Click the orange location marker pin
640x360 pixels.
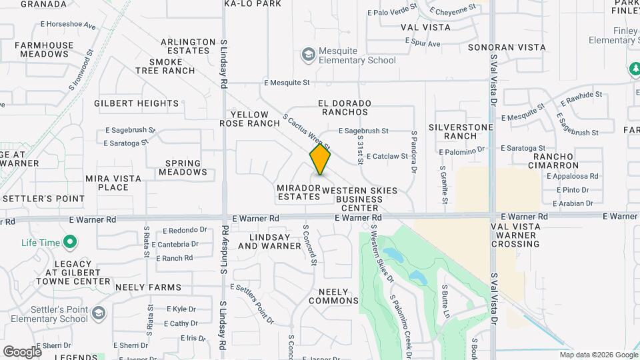[320, 160]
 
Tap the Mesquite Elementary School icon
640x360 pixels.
[308, 53]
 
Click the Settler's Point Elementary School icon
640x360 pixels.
[99, 313]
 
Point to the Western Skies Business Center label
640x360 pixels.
[359, 199]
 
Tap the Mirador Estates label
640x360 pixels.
[298, 192]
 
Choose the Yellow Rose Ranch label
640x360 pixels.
[250, 119]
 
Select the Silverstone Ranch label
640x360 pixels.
[461, 131]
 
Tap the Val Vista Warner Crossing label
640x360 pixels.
[515, 235]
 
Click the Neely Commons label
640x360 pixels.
[338, 296]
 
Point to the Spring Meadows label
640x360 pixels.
[183, 167]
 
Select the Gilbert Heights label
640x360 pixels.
[137, 103]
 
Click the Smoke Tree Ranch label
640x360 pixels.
[167, 66]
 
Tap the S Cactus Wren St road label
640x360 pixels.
[307, 131]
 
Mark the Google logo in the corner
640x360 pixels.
[21, 351]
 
